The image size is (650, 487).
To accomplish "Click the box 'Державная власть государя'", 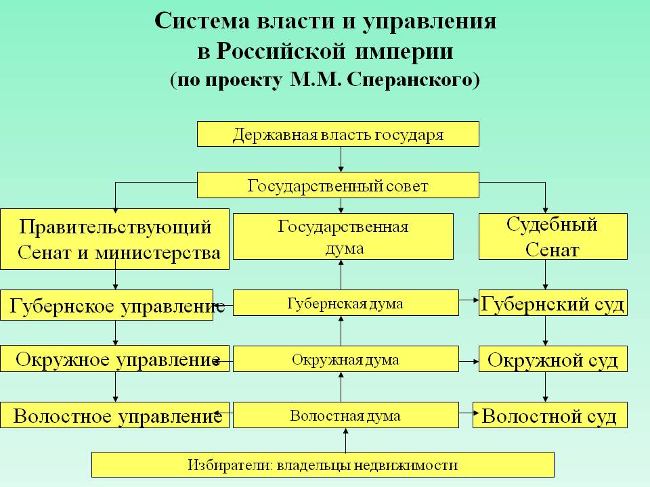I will tap(338, 134).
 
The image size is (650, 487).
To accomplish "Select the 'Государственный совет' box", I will tap(338, 185).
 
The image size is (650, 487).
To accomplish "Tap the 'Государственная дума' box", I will tap(343, 236).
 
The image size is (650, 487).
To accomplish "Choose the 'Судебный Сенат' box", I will tap(552, 236).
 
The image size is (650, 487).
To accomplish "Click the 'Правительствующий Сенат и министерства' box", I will tap(115, 239).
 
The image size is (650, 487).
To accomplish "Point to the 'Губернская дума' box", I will tap(345, 303).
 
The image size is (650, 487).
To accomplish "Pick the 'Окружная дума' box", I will tap(345, 359).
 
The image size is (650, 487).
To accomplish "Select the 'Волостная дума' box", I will tap(345, 415).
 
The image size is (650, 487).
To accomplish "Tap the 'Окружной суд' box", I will tap(552, 359).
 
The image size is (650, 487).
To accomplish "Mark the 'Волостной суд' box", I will tap(550, 415).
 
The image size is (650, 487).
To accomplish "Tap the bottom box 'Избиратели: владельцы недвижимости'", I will tap(323, 465).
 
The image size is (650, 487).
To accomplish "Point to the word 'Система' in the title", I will tap(202, 21).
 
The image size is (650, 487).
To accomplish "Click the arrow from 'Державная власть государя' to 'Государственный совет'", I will tap(340, 160).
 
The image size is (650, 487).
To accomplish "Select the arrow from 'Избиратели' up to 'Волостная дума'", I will tap(345, 440).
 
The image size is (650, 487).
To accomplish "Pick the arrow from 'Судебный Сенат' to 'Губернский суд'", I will tap(546, 276).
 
